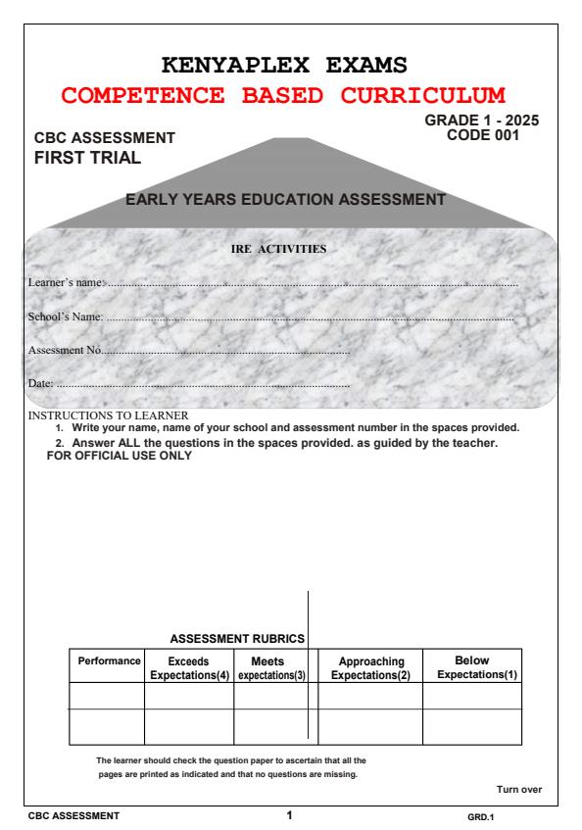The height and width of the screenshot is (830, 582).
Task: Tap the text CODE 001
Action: (x=482, y=135)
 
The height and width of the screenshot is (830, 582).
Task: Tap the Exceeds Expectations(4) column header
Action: (x=188, y=668)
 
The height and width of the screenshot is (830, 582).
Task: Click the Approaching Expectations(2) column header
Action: (x=370, y=668)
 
